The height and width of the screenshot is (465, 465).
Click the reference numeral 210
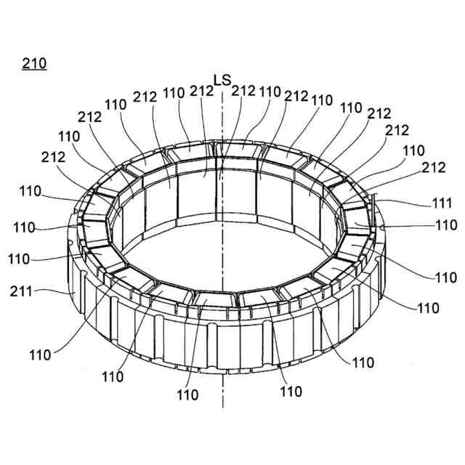(34, 64)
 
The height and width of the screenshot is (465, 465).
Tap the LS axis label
(222, 78)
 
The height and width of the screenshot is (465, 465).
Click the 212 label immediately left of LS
(201, 91)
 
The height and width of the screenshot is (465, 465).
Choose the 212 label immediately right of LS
(243, 91)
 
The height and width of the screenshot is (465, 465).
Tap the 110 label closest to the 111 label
(446, 225)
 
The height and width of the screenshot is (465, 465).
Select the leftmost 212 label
(54, 157)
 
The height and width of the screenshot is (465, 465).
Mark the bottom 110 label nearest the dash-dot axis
(187, 395)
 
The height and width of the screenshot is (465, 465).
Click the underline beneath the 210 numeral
(34, 71)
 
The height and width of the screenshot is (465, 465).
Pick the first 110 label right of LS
(270, 92)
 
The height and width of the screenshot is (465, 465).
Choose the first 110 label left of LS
(174, 93)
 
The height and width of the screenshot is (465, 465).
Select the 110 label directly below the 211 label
(40, 355)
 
